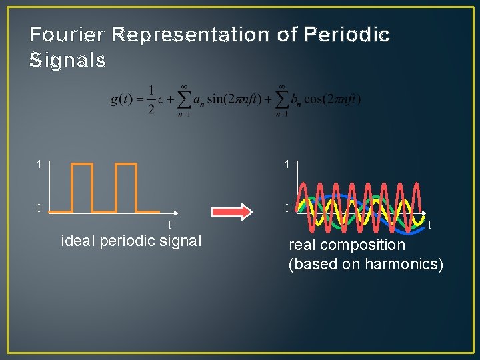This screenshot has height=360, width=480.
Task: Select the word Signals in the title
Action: (67, 61)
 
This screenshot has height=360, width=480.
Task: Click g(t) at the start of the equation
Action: (122, 99)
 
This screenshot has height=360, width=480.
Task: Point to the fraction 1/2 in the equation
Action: (151, 99)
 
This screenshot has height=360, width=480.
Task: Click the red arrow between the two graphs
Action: (234, 212)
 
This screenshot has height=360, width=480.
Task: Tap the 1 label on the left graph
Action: (39, 164)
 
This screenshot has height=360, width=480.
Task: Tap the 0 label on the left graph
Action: (39, 209)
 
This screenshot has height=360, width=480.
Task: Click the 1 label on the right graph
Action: (286, 164)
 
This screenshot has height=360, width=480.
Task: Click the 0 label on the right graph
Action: (286, 209)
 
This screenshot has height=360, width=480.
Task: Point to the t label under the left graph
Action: (169, 225)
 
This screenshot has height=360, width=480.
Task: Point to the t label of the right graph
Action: (430, 226)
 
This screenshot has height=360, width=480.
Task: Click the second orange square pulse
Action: (125, 187)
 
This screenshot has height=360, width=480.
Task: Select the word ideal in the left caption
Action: (78, 241)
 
